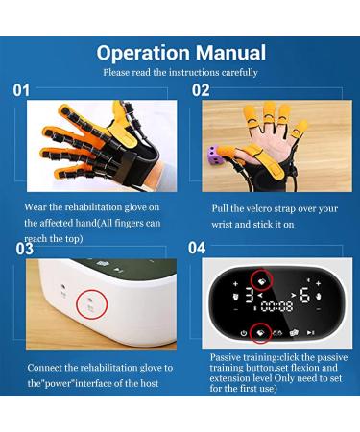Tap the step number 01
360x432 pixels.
(x=22, y=91)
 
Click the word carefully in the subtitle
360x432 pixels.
(x=238, y=72)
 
